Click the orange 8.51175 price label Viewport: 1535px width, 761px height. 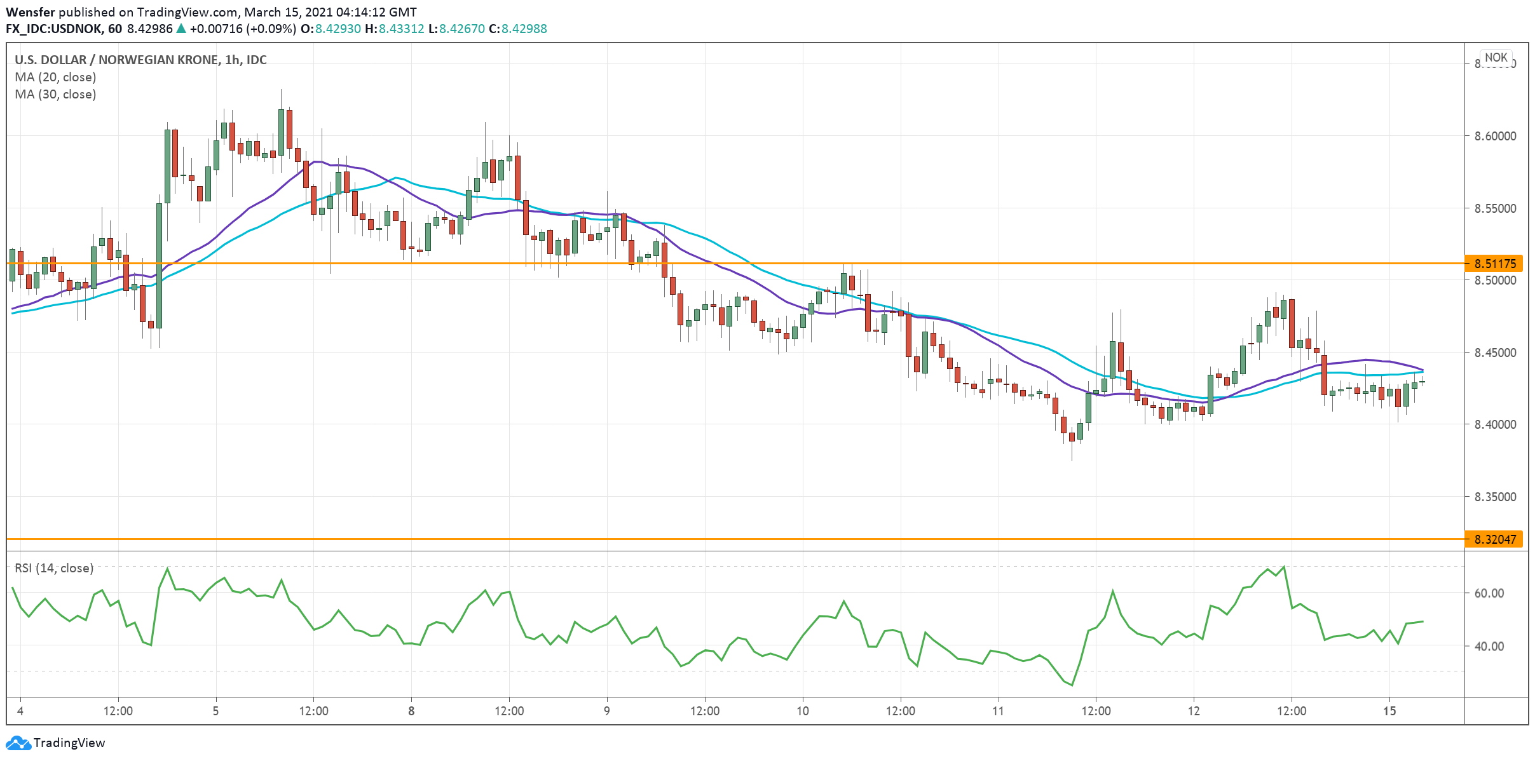pos(1494,263)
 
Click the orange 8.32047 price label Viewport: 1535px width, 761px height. pos(1494,539)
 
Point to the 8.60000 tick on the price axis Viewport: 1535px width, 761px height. pos(1494,136)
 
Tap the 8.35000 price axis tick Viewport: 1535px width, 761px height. pos(1494,497)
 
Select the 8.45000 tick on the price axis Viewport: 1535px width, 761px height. pos(1494,353)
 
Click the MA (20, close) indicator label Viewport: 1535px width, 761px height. pos(55,77)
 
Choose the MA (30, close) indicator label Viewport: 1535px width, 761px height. pos(55,94)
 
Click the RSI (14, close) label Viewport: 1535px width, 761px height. pos(54,568)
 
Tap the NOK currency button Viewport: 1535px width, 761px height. pos(1496,57)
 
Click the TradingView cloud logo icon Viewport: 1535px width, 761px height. pos(18,743)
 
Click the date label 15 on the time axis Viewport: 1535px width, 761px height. pos(1389,711)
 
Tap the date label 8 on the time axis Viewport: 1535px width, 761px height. pos(411,711)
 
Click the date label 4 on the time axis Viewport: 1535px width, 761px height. pos(20,711)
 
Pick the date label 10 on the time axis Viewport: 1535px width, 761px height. pos(803,711)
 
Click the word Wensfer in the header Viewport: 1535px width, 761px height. pos(31,12)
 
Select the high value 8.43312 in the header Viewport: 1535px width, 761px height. pos(402,29)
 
